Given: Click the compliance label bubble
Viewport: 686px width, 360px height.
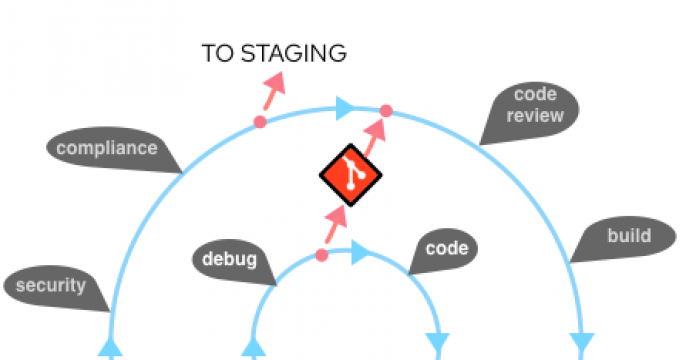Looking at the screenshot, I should (106, 149).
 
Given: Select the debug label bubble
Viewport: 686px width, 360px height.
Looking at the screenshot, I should (224, 260).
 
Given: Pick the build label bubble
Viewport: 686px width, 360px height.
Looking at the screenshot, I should (628, 237).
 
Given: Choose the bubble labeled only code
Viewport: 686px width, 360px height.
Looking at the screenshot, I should (446, 249).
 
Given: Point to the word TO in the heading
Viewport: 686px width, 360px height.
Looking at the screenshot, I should (218, 53).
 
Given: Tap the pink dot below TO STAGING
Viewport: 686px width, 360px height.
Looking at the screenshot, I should (260, 122).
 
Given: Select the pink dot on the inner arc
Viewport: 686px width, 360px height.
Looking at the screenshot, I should (321, 255).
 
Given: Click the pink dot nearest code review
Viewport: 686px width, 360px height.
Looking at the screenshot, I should (386, 110).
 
